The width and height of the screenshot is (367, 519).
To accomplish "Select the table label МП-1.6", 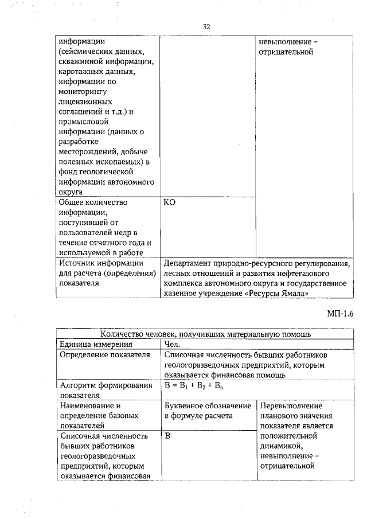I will point(341,314).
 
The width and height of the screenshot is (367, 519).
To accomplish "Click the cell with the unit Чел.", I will point(172,345).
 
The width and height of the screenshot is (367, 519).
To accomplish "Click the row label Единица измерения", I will point(96,345).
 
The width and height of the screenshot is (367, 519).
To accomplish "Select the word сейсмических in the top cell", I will point(87,52).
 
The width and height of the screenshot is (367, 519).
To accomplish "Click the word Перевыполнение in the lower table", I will point(291,406).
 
